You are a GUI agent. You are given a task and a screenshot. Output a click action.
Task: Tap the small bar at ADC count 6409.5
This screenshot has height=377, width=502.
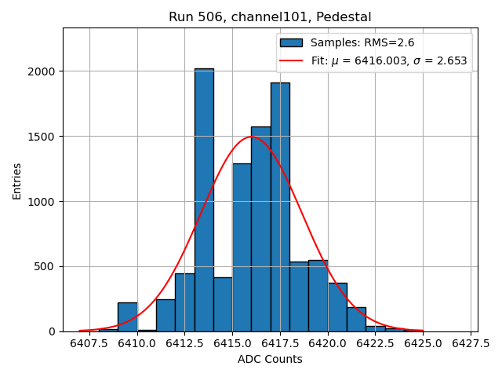pyautogui.click(x=127, y=317)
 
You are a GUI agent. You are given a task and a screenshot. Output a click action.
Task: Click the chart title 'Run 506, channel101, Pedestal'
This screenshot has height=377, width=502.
pyautogui.click(x=270, y=16)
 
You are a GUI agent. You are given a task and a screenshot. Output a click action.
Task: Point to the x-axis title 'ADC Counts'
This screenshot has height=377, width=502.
pyautogui.click(x=270, y=359)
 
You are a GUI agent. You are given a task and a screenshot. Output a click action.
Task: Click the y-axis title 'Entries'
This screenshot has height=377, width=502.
pyautogui.click(x=17, y=180)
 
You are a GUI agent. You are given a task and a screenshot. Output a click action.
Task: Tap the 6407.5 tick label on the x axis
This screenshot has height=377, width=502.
pyautogui.click(x=89, y=343)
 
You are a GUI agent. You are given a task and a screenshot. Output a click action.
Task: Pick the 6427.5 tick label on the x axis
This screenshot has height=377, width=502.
pyautogui.click(x=470, y=343)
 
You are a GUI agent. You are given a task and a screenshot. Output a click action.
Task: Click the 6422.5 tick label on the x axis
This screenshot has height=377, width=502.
pyautogui.click(x=375, y=343)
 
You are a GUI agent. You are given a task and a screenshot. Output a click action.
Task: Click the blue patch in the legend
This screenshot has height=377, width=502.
pyautogui.click(x=292, y=43)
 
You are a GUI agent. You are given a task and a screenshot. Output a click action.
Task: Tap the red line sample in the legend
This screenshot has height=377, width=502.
pyautogui.click(x=292, y=60)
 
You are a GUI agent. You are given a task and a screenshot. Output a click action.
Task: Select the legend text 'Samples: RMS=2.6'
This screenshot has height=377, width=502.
pyautogui.click(x=362, y=43)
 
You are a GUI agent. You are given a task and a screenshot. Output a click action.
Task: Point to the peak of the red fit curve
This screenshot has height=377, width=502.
pyautogui.click(x=251, y=137)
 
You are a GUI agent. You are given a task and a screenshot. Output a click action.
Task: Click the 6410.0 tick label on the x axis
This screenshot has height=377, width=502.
pyautogui.click(x=137, y=343)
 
